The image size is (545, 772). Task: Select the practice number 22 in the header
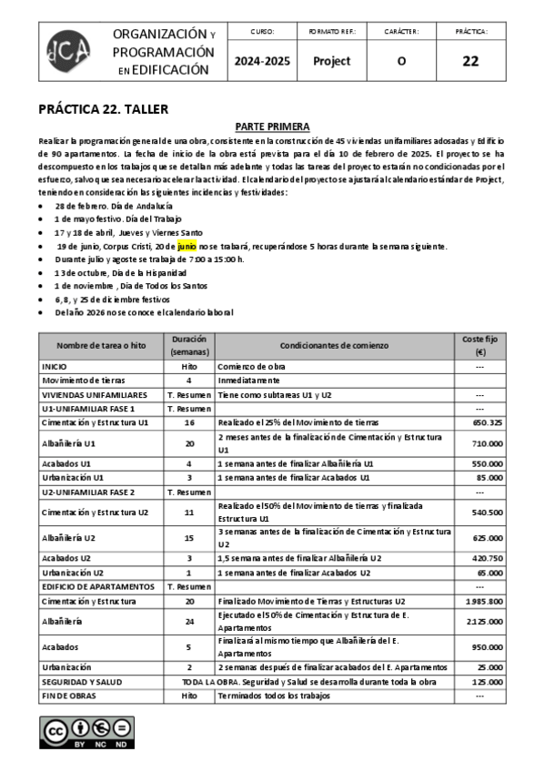(470, 62)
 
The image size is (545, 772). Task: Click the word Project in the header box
(331, 62)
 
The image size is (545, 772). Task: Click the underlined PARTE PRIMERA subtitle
(272, 127)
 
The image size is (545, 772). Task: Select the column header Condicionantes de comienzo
(334, 346)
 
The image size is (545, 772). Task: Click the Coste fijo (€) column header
(479, 346)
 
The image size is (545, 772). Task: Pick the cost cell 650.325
(488, 422)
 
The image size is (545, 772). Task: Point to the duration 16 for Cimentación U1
(189, 422)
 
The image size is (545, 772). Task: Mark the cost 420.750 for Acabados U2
(488, 558)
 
